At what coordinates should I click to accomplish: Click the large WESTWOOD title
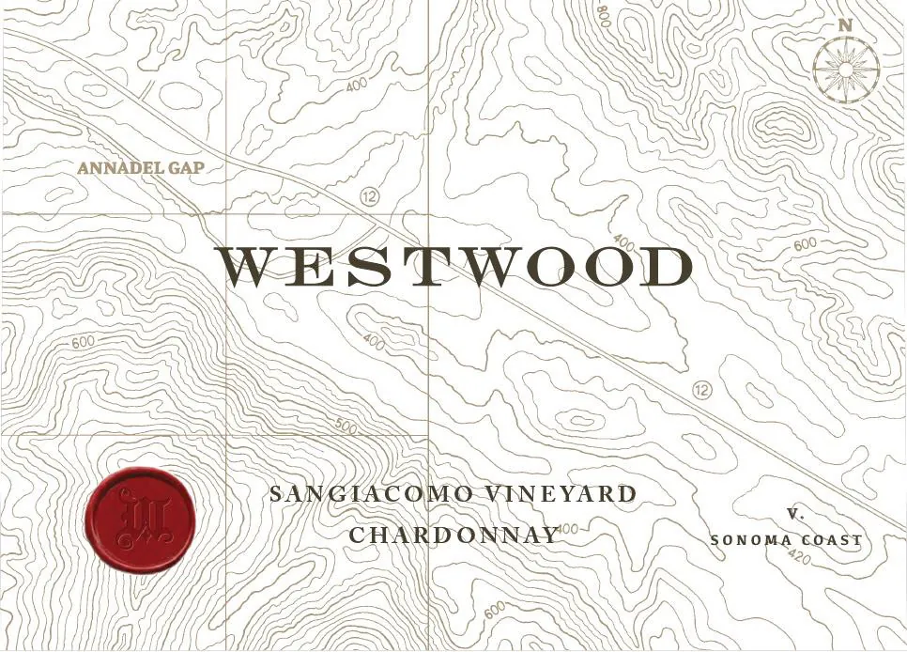(x=454, y=268)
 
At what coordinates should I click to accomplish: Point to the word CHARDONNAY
(x=453, y=535)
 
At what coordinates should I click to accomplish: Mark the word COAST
(x=830, y=540)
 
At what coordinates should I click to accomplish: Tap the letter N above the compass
(x=845, y=26)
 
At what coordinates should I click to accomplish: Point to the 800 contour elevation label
(x=602, y=16)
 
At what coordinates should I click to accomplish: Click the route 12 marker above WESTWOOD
(x=368, y=196)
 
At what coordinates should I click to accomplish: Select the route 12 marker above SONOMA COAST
(x=700, y=390)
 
